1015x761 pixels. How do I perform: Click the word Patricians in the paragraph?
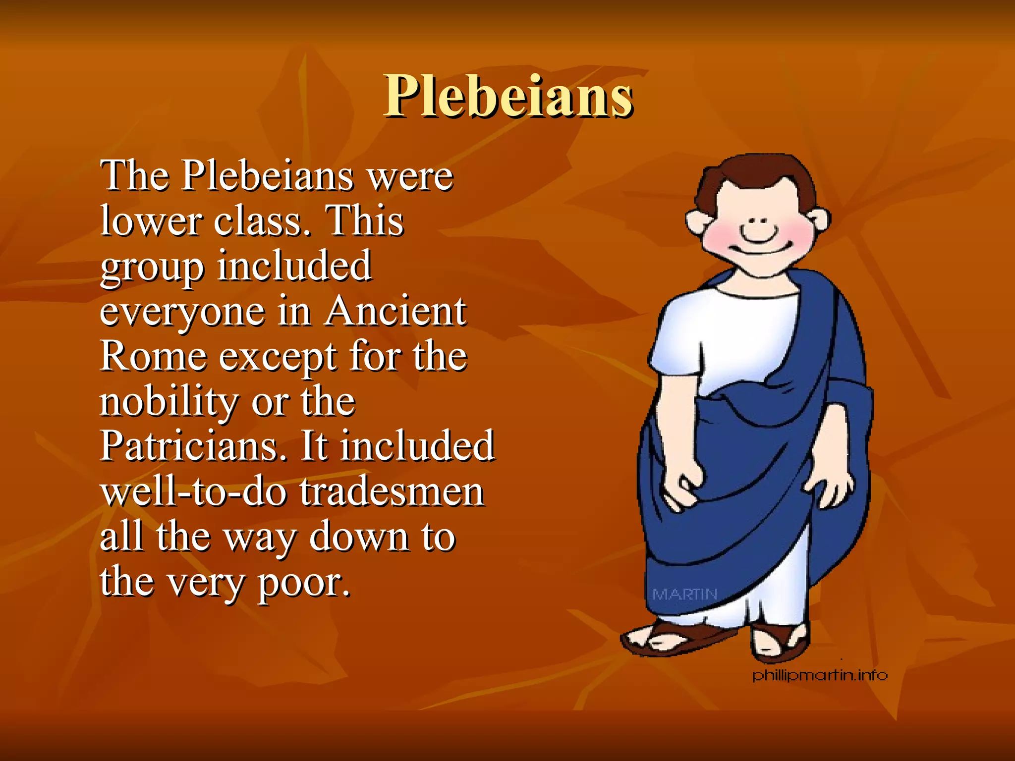(193, 445)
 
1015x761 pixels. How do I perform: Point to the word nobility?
(169, 401)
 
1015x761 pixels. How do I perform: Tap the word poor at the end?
(302, 582)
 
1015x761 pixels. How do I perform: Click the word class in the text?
(263, 220)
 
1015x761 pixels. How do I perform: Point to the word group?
(152, 268)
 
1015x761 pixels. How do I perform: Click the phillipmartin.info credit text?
(820, 675)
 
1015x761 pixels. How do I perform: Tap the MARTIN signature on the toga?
(684, 594)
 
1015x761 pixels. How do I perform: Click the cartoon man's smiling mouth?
(758, 236)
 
